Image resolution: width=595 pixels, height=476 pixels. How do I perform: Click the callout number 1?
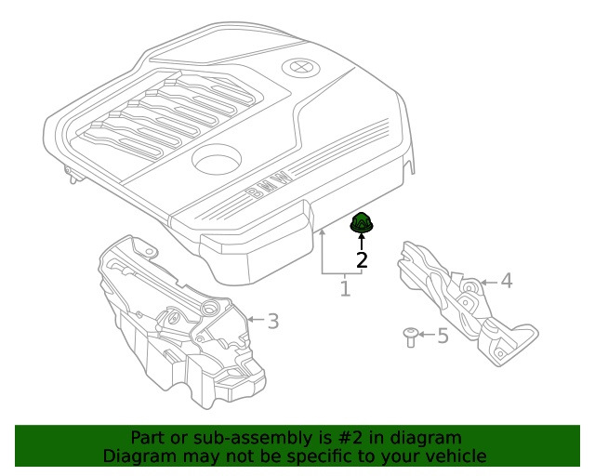tap(345, 289)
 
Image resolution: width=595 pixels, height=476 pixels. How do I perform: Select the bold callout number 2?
tap(362, 260)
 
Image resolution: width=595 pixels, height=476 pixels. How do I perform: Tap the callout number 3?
tap(273, 321)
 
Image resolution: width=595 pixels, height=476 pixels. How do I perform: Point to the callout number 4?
tap(507, 281)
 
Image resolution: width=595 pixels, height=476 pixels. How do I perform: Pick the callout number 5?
tap(443, 336)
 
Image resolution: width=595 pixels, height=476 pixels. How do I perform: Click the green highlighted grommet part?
tap(362, 223)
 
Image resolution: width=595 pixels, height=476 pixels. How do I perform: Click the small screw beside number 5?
tap(410, 337)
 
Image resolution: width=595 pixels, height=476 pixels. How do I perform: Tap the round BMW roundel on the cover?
tap(301, 68)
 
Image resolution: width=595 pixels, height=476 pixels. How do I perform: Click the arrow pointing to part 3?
tap(256, 320)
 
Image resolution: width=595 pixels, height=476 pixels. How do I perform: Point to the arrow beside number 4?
tap(489, 283)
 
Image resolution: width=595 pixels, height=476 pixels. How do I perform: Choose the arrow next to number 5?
tap(427, 335)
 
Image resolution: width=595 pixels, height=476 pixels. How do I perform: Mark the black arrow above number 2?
tap(362, 242)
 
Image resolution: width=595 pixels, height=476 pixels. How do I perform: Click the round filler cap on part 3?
tap(210, 309)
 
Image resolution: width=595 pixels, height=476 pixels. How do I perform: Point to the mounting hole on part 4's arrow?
tap(470, 288)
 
